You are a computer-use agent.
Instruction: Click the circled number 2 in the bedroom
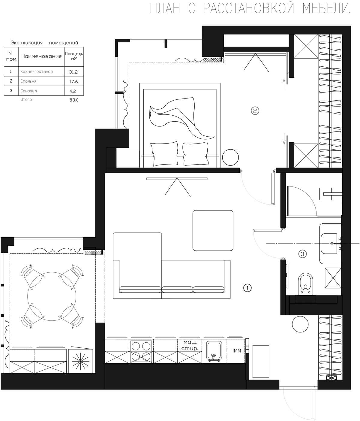click(x=255, y=111)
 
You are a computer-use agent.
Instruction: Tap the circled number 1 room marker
click(x=247, y=288)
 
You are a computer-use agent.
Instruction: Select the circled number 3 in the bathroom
click(x=302, y=254)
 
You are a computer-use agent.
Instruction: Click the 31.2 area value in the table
click(x=73, y=72)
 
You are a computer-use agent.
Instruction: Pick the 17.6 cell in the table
click(x=73, y=82)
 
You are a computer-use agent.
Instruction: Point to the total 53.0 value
click(x=74, y=100)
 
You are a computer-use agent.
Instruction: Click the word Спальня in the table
click(x=28, y=81)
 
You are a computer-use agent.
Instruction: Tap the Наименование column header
click(x=41, y=56)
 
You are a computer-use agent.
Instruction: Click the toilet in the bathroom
click(x=305, y=283)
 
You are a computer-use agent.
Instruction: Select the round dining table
click(x=52, y=296)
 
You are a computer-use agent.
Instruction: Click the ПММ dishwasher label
click(x=236, y=351)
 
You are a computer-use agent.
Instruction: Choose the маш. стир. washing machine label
click(x=190, y=345)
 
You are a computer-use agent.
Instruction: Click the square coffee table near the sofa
click(x=213, y=231)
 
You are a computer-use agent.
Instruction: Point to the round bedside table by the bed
click(x=230, y=157)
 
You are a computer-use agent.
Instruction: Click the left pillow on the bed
click(x=164, y=154)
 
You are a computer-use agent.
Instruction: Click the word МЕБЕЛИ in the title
click(x=327, y=8)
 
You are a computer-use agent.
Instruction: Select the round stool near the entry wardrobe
click(x=300, y=324)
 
